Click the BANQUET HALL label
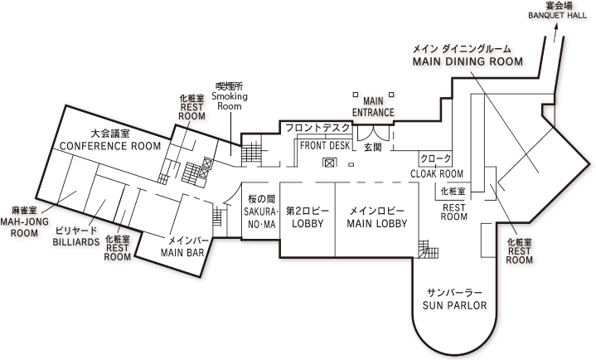[x=557, y=16]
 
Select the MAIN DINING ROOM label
[x=468, y=61]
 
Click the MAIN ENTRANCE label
[x=373, y=107]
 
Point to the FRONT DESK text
[x=325, y=145]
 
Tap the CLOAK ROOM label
[x=437, y=174]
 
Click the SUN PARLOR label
[x=454, y=305]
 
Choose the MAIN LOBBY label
[x=376, y=223]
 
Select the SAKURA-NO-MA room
[x=261, y=211]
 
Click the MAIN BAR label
[x=182, y=253]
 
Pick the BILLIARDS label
[x=76, y=242]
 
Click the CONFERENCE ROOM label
[x=110, y=146]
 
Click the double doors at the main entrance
[x=373, y=134]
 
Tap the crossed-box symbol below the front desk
[x=330, y=163]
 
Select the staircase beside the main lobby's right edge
[x=429, y=249]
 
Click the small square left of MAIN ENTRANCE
[x=356, y=95]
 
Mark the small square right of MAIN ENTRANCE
[x=391, y=95]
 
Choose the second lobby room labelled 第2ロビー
[x=308, y=219]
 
